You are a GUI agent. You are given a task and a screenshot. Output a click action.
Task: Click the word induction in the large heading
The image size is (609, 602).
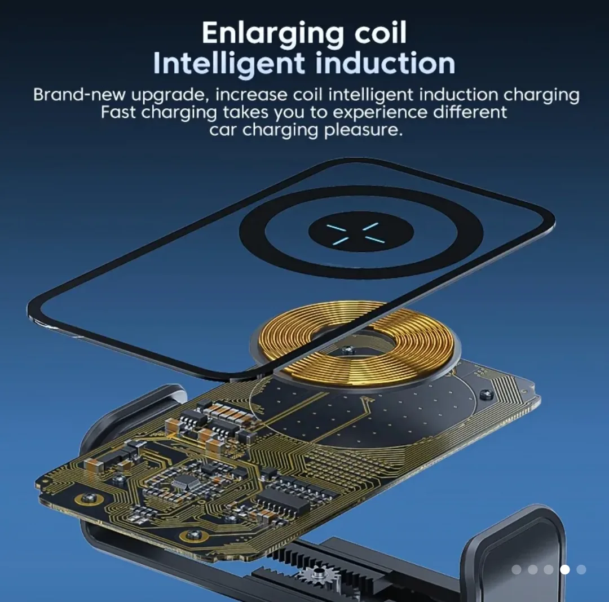pos(385,63)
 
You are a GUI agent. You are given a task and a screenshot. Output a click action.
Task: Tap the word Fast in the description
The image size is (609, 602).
pos(118,112)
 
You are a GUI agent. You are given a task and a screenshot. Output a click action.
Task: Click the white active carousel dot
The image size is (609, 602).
pos(564,569)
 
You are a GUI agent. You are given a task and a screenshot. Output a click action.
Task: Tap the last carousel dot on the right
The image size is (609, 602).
pos(581,569)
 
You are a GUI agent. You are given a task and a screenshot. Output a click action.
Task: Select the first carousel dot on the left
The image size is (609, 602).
pos(517,569)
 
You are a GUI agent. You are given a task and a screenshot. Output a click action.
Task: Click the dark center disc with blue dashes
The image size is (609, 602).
pos(361,232)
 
